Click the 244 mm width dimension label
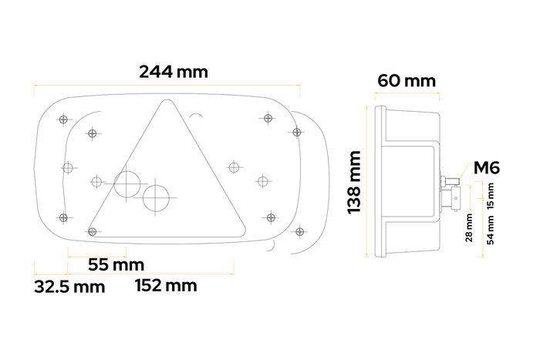tap(174, 72)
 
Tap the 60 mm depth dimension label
tap(407, 80)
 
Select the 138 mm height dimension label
tap(354, 183)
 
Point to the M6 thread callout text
tap(488, 167)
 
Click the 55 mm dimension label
tap(110, 264)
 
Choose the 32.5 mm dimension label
tap(69, 288)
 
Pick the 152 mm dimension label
tap(165, 285)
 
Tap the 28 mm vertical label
tap(469, 227)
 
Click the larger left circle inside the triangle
tap(128, 183)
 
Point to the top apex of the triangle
tap(164, 102)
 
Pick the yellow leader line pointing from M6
tap(465, 175)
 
